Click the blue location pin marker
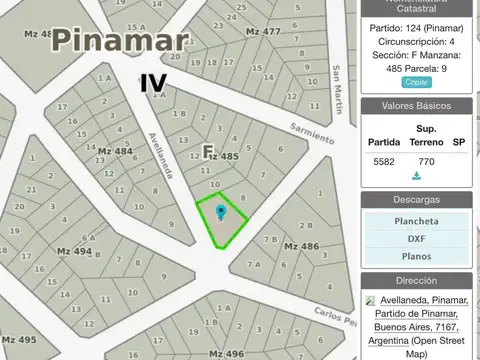tap(221, 211)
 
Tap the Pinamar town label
tap(120, 41)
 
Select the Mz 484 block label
tap(115, 151)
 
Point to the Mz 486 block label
tap(301, 245)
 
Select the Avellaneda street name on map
tap(160, 155)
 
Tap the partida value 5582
tap(384, 161)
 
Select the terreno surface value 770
tap(426, 161)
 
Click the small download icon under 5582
tap(416, 177)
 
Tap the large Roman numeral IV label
tap(153, 82)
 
